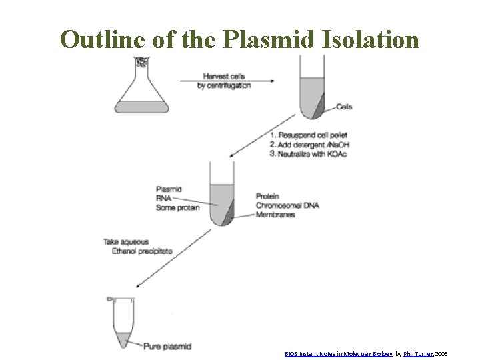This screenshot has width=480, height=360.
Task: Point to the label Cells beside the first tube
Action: click(x=345, y=107)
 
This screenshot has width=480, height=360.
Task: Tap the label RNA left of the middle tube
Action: click(x=164, y=198)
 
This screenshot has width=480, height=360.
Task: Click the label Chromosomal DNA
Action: click(x=287, y=205)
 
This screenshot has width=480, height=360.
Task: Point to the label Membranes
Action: click(x=275, y=214)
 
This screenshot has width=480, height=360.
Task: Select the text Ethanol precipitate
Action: click(x=138, y=251)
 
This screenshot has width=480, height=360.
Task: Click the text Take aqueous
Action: click(x=126, y=241)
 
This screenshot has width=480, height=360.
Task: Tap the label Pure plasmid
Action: click(x=168, y=346)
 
